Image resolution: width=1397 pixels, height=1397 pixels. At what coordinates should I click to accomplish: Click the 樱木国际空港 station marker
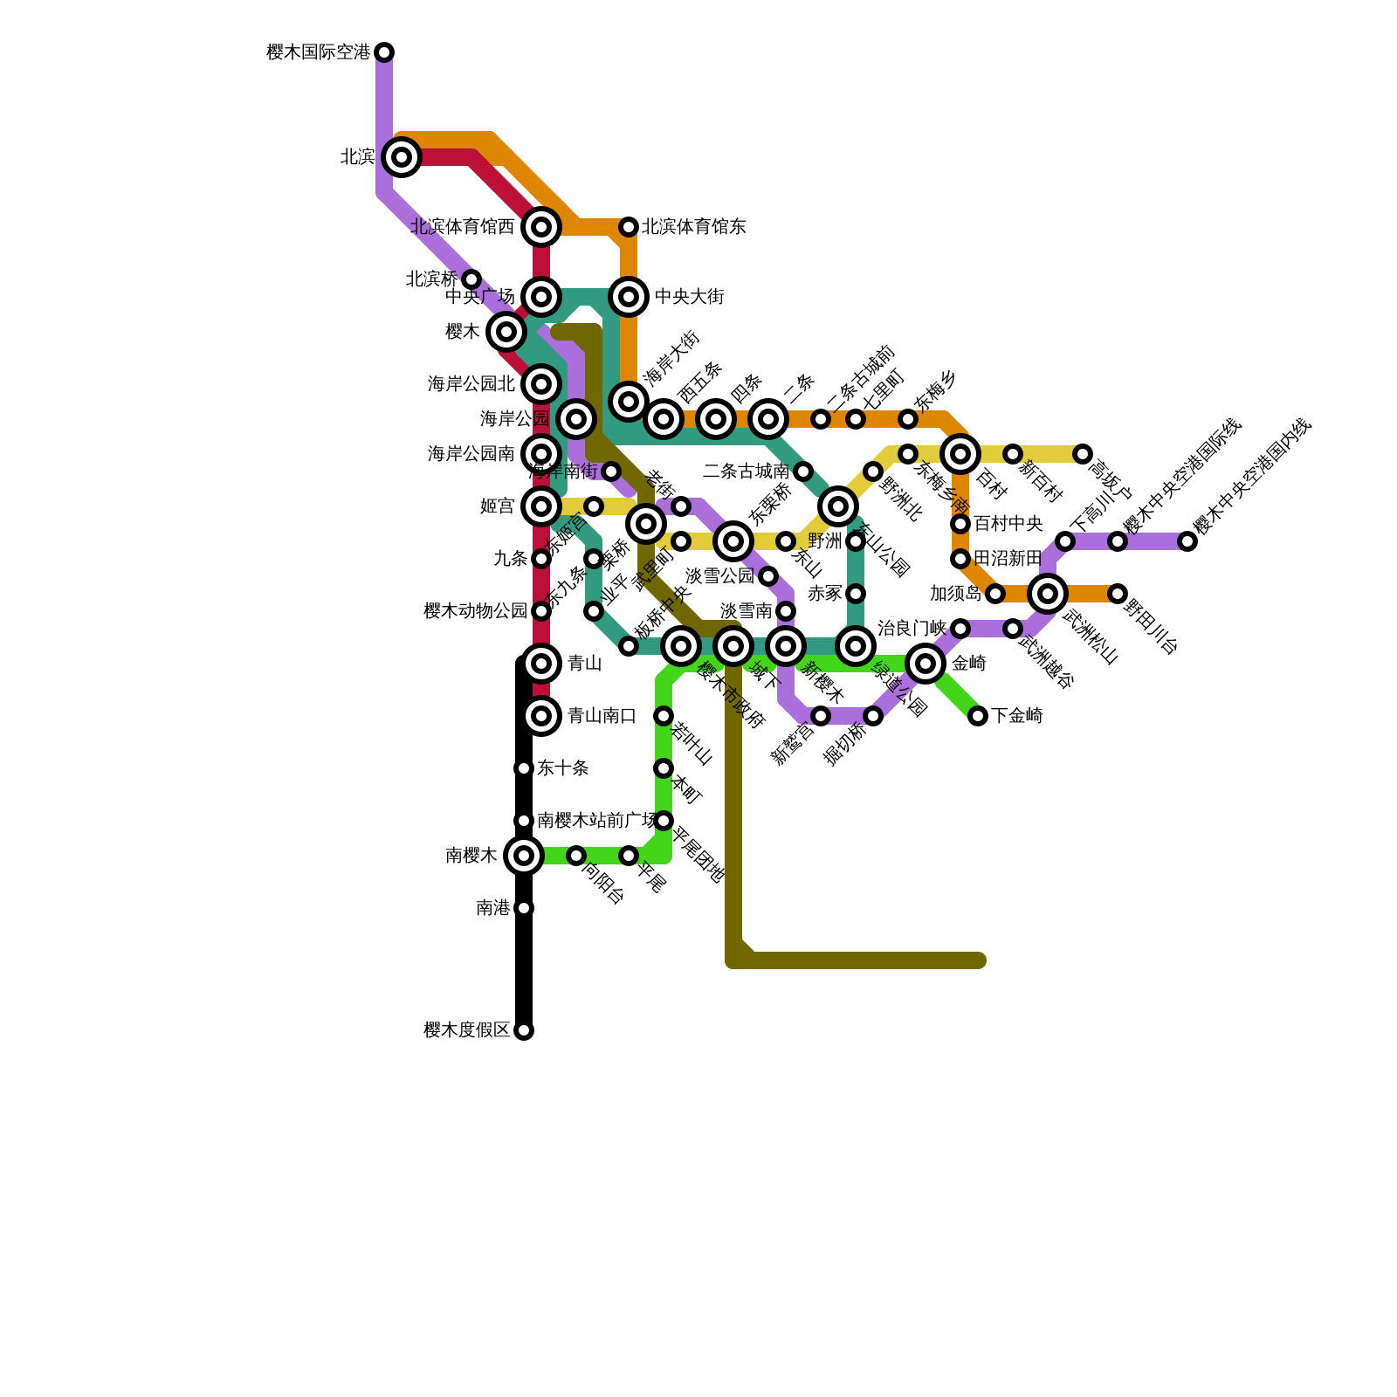[384, 52]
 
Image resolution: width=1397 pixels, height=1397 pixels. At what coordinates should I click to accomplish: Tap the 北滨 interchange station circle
[402, 157]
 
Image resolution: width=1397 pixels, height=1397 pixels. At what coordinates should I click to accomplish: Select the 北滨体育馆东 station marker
[629, 227]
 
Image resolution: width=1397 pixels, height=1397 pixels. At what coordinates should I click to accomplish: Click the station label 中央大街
[689, 297]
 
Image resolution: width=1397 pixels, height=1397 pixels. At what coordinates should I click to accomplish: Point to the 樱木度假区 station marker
[524, 1030]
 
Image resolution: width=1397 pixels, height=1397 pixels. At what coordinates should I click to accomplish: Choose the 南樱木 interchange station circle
[524, 856]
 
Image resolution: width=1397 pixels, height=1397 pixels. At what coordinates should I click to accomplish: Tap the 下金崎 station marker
[978, 716]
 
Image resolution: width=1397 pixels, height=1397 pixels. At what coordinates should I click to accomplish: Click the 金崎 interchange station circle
[926, 664]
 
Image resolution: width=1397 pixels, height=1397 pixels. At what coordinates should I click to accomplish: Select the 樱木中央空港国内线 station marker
[1187, 541]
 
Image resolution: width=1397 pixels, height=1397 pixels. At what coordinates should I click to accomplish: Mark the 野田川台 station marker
[1118, 594]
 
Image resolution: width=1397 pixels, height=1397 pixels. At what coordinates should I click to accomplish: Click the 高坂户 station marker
[1083, 454]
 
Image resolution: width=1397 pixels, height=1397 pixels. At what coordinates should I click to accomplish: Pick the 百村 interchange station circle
[960, 454]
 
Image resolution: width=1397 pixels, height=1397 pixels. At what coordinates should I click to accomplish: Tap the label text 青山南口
[602, 716]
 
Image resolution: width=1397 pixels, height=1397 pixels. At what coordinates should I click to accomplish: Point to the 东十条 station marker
[524, 768]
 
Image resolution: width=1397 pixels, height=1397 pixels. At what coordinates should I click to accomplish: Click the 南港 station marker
[524, 908]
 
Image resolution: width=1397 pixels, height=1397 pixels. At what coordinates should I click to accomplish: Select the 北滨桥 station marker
[471, 279]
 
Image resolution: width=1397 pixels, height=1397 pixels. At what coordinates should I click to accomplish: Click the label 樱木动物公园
[475, 611]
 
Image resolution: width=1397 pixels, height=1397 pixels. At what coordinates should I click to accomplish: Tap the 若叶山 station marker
[664, 716]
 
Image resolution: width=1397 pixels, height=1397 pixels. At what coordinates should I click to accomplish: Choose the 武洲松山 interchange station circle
[1048, 594]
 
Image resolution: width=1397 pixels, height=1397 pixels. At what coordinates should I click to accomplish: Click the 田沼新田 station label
[1008, 559]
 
